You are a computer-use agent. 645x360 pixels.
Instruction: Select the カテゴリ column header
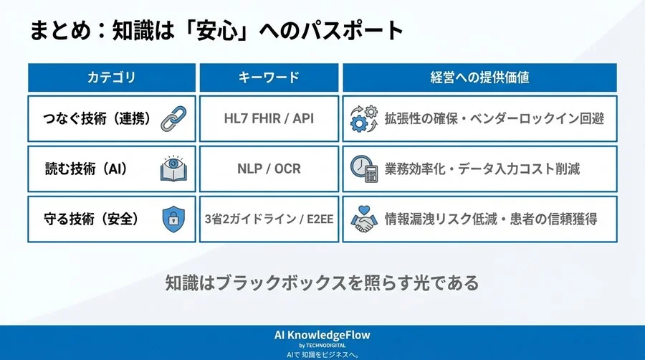coord(111,77)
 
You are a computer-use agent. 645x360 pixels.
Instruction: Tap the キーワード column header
coord(267,77)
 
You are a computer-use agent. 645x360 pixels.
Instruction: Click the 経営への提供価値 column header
coord(479,77)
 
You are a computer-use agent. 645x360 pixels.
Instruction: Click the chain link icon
coord(173,118)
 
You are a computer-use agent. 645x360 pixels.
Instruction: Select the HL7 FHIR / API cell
coord(267,118)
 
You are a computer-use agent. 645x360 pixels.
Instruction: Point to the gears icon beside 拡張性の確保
coord(363,118)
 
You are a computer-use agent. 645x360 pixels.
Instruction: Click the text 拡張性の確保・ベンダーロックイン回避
coord(494,118)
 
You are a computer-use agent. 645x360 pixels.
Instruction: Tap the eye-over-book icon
coord(173,169)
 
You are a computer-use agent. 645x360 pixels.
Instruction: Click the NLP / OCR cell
coord(267,169)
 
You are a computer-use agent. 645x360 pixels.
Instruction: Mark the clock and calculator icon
coord(363,169)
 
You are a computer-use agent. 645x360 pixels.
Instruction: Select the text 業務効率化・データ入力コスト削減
coord(482,169)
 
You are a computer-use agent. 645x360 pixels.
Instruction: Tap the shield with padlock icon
coord(173,219)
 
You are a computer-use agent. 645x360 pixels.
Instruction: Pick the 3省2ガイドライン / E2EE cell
coord(267,219)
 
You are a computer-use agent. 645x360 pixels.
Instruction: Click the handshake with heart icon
coord(363,219)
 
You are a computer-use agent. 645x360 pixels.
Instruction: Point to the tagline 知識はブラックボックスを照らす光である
coord(322,283)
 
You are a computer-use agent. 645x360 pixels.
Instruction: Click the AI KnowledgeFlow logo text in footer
coord(322,335)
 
